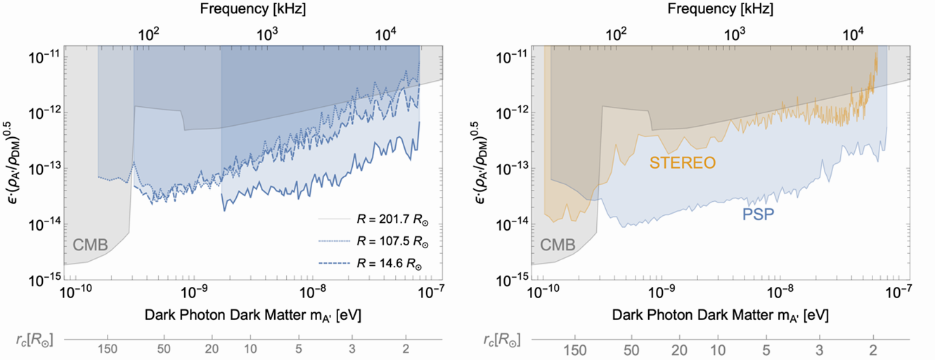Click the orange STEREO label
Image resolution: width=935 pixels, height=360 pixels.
682,164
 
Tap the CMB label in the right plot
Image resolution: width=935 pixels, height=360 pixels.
558,245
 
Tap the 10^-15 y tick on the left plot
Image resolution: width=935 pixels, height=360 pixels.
44,280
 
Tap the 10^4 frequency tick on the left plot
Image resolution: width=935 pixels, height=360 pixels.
386,33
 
